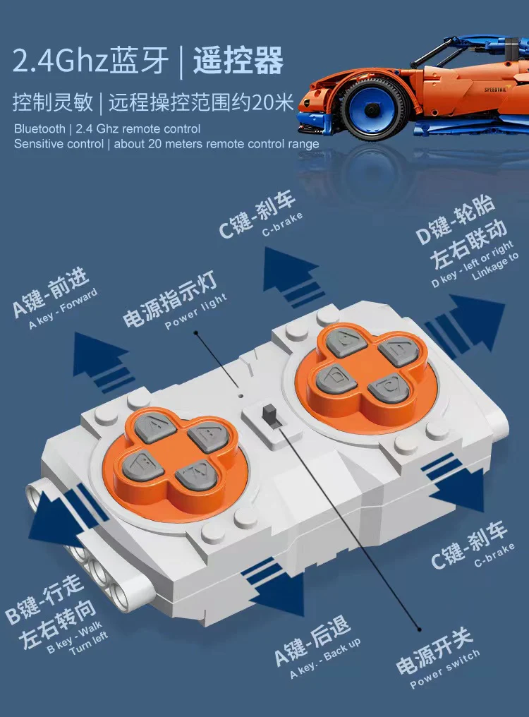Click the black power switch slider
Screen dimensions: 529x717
pyautogui.click(x=269, y=415)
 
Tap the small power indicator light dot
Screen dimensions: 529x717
pyautogui.click(x=241, y=395)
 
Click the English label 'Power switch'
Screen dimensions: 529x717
pyautogui.click(x=445, y=668)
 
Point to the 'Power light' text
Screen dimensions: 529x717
pyautogui.click(x=195, y=311)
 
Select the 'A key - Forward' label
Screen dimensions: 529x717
pyautogui.click(x=63, y=308)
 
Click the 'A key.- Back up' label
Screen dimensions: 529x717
pyautogui.click(x=325, y=658)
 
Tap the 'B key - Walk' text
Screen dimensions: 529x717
pyautogui.click(x=75, y=636)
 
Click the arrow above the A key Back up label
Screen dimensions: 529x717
pyautogui.click(x=274, y=591)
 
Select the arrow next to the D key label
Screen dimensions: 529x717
pyautogui.click(x=466, y=325)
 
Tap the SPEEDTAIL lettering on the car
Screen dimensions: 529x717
pyautogui.click(x=496, y=90)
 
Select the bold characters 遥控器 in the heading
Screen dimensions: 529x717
pyautogui.click(x=238, y=61)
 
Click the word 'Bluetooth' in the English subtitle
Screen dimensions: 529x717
pyautogui.click(x=39, y=129)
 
